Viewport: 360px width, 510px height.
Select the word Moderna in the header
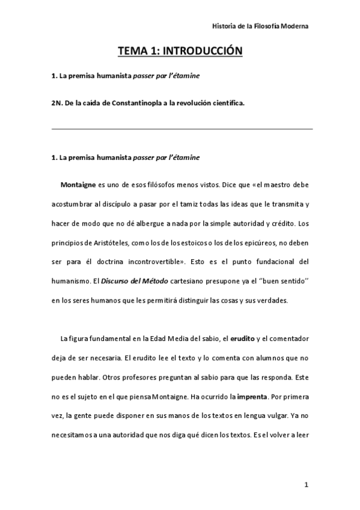[x=294, y=26]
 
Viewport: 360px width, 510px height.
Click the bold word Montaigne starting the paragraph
[x=79, y=184]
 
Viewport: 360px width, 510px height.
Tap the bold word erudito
[x=243, y=340]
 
